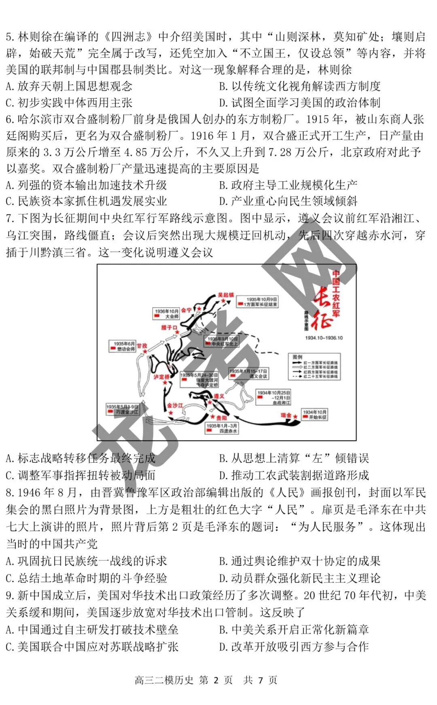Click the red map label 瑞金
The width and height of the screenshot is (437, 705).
[286, 415]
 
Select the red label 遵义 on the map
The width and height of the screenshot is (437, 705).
[219, 396]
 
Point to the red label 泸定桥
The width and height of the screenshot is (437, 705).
[161, 377]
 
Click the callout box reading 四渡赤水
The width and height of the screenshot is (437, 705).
[222, 428]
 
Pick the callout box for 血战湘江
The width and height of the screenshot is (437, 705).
[274, 398]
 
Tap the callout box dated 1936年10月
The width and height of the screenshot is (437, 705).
[166, 314]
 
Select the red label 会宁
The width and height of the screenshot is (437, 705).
[186, 310]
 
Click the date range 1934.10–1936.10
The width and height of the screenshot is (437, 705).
[324, 338]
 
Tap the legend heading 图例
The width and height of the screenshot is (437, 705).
[297, 357]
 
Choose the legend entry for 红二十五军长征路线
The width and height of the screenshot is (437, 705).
[315, 377]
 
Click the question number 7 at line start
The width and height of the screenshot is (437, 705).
[10, 218]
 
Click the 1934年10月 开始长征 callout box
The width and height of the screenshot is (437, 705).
[314, 415]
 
